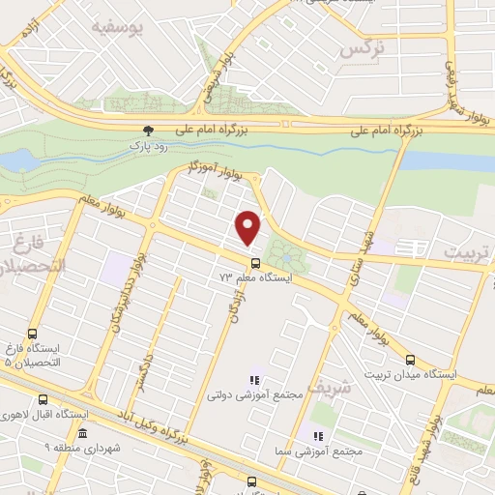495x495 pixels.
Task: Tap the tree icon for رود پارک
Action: pos(148,130)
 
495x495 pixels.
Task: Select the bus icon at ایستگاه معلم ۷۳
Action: pos(255,262)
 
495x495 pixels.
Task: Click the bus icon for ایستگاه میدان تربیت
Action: pos(410,360)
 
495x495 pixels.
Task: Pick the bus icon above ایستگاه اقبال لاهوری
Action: pos(43,399)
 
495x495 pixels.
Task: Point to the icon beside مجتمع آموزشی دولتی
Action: pos(256,380)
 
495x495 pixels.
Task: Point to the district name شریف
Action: pos(326,390)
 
